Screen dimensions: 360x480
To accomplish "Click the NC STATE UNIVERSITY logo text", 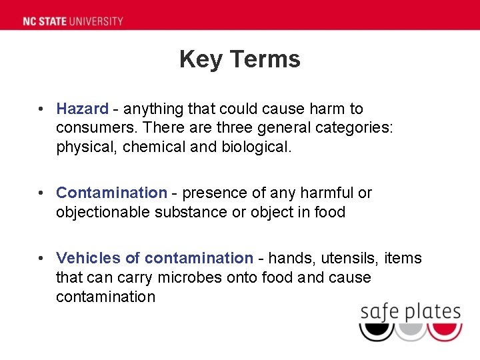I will (73, 21).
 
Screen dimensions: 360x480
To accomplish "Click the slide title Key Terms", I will (240, 59).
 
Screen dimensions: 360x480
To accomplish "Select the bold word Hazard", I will (82, 109).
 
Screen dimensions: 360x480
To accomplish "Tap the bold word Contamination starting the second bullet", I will (111, 193).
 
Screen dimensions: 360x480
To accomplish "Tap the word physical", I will (85, 147).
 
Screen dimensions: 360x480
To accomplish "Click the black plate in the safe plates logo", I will (376, 331).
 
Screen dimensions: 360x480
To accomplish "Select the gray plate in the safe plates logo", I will (411, 331).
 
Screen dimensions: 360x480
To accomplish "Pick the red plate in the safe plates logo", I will (445, 331).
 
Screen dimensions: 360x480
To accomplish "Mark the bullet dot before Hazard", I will (41, 109).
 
